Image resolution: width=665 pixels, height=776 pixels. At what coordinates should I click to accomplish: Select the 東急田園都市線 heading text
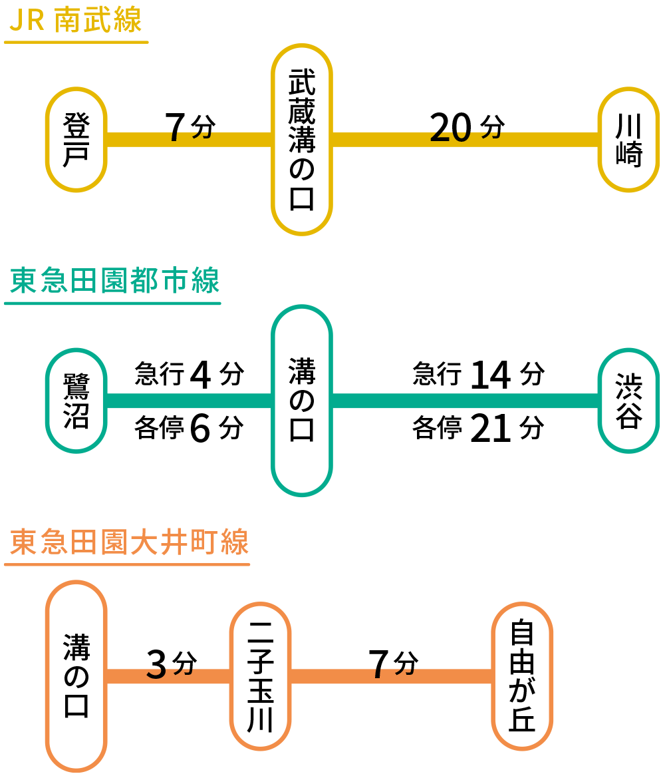click(114, 282)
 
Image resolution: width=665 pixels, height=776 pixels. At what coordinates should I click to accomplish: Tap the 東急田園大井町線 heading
click(129, 542)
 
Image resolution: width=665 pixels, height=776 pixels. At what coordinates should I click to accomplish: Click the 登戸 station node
click(76, 140)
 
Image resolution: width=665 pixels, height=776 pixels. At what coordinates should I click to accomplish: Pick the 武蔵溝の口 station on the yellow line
click(301, 140)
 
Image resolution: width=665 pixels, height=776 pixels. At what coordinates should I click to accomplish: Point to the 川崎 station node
click(628, 140)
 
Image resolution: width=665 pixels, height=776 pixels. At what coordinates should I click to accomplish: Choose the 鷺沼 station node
click(76, 401)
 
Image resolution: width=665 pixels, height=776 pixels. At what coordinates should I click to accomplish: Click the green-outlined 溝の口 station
click(301, 401)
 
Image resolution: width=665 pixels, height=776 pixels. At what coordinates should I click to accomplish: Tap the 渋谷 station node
click(628, 401)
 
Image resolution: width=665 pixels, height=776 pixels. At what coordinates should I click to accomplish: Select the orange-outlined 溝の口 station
click(76, 676)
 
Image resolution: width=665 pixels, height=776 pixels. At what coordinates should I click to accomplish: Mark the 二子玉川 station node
click(260, 676)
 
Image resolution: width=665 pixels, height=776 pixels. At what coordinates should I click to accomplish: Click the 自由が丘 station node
click(522, 676)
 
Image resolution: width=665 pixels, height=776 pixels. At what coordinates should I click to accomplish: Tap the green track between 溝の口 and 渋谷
click(465, 401)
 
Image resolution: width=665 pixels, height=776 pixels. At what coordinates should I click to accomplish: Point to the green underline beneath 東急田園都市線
click(112, 303)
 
